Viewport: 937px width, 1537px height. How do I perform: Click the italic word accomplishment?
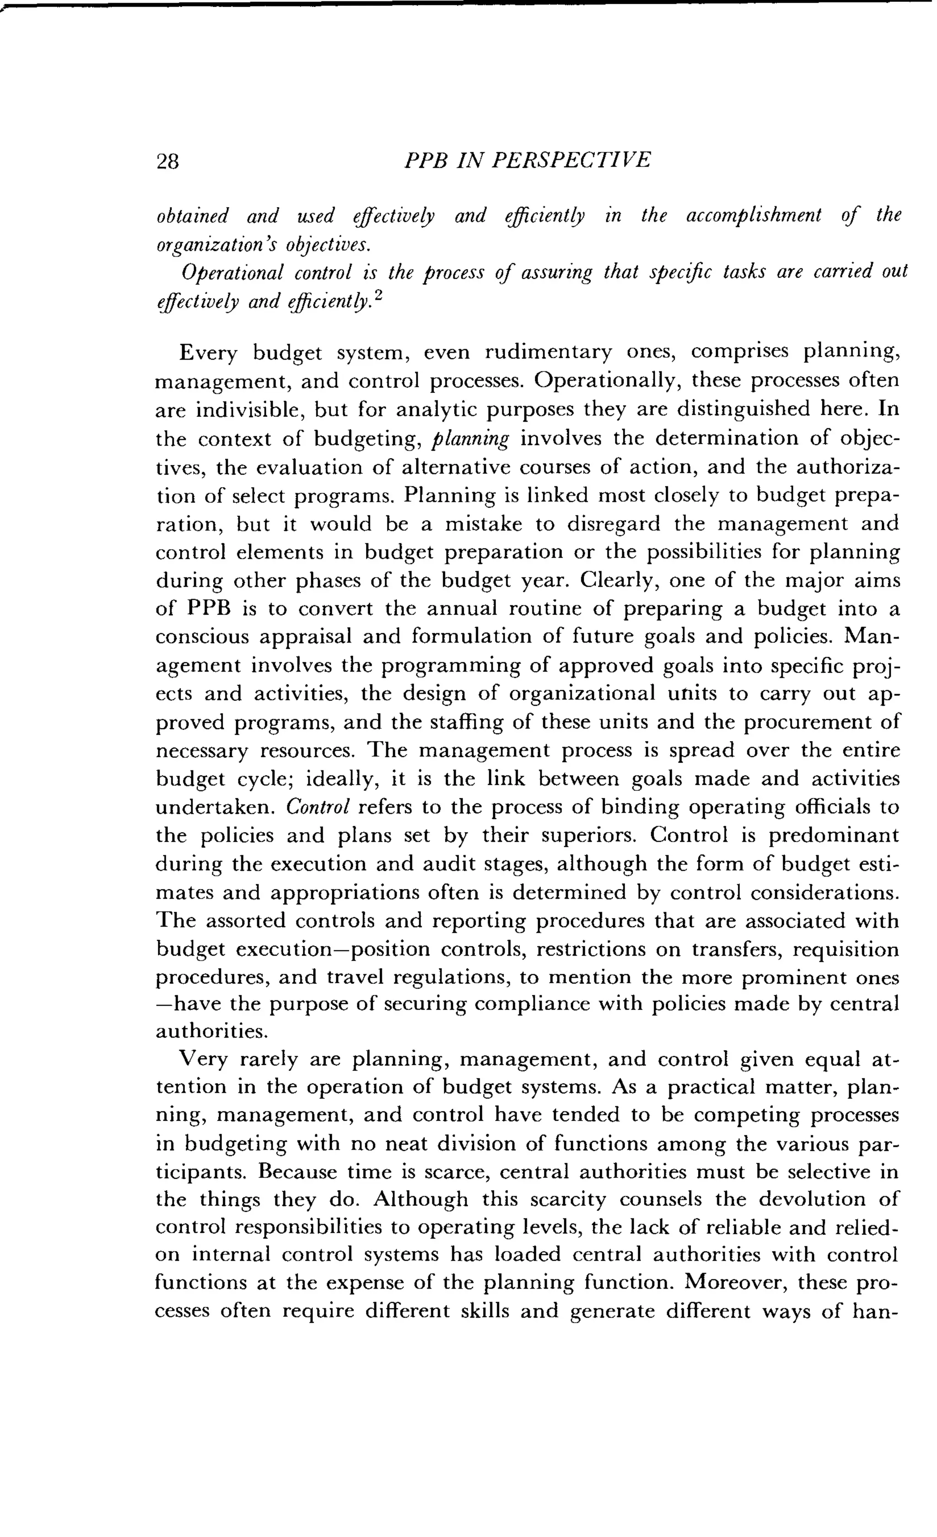pos(754,216)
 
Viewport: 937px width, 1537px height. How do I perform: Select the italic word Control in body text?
pos(317,807)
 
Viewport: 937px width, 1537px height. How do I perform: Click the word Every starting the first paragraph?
pos(208,354)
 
